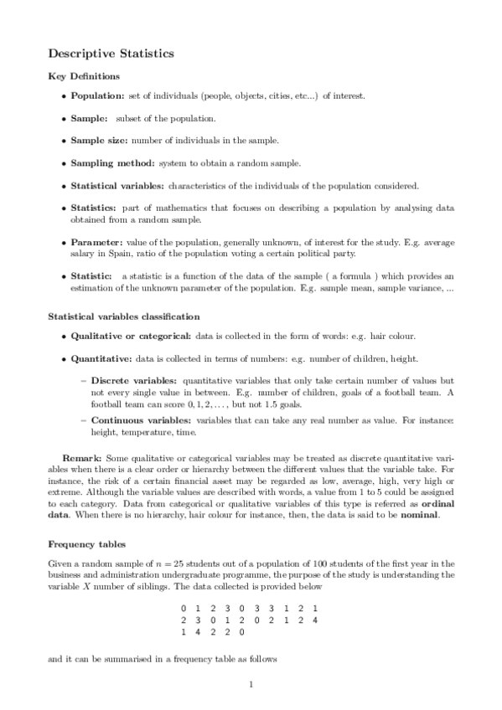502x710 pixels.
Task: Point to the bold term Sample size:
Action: tap(99, 140)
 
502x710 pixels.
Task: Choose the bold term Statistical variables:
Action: tap(117, 185)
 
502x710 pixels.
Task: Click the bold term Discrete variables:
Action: tap(127, 380)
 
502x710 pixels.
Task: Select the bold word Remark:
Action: tap(82, 460)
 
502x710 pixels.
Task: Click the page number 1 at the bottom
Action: tap(251, 685)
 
